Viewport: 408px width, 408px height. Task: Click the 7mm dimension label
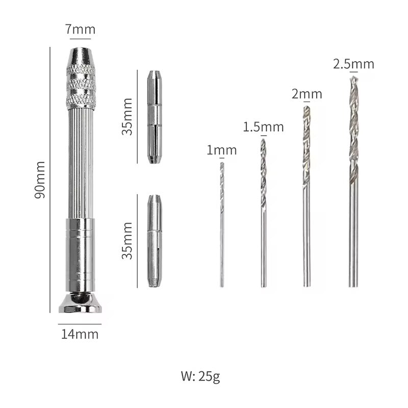point(80,30)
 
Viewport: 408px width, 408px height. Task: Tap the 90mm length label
point(40,180)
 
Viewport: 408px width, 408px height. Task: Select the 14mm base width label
point(80,335)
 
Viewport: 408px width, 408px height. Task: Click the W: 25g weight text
point(200,377)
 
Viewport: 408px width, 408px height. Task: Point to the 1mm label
point(221,150)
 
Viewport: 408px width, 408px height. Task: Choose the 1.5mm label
point(263,127)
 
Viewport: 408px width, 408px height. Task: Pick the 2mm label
point(307,94)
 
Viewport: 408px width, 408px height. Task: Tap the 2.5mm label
point(353,64)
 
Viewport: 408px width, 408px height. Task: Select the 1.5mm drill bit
point(263,214)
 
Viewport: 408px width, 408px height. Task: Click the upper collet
point(155,117)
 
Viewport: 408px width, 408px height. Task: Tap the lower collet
point(155,240)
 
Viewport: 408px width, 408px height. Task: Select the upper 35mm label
point(127,117)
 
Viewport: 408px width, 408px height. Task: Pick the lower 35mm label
point(127,240)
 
